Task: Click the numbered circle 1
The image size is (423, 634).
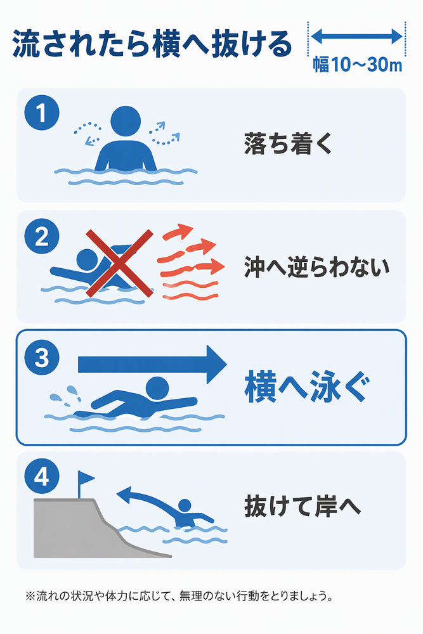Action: (42, 113)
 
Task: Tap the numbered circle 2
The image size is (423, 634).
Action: (42, 236)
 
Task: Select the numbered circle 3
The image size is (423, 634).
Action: (42, 357)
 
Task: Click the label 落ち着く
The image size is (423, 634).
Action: (288, 143)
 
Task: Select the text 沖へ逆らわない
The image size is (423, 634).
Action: (316, 267)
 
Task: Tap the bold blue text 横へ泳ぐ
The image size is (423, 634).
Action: (308, 387)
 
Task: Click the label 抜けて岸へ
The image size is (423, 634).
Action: (302, 506)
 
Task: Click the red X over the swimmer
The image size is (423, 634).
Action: (119, 263)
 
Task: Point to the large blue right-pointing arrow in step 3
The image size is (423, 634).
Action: (152, 365)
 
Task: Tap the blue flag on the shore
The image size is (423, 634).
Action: (85, 484)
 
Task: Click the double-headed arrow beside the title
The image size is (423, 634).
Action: (356, 36)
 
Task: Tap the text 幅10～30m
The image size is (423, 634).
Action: (358, 64)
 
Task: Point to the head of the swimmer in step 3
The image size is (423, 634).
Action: (157, 389)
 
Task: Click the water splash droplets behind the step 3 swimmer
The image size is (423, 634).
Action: (65, 396)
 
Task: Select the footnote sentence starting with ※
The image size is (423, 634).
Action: (179, 595)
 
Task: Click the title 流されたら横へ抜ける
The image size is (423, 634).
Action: (152, 44)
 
